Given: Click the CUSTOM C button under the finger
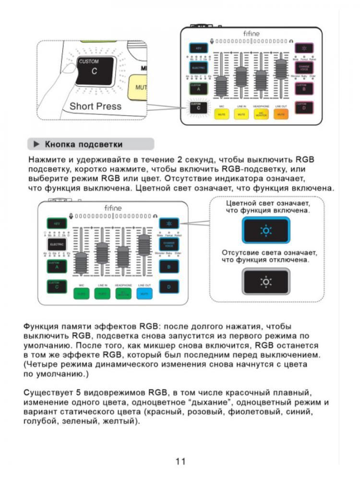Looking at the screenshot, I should pos(95,71).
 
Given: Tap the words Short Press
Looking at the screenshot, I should pos(96,106).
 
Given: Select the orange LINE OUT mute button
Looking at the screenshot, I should pos(280,114).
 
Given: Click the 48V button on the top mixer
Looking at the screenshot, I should pos(198,48).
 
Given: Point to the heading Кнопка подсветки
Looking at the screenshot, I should pos(84,144).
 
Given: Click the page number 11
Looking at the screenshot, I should pos(180,462).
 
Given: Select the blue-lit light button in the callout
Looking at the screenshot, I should pos(265,230).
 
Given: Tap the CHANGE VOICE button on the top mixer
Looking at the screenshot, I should pos(304,67).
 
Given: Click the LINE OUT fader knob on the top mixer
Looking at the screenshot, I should pos(280,67).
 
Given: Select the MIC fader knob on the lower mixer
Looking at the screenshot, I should pos(81,262).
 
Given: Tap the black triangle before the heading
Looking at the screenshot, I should pos(36,144).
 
